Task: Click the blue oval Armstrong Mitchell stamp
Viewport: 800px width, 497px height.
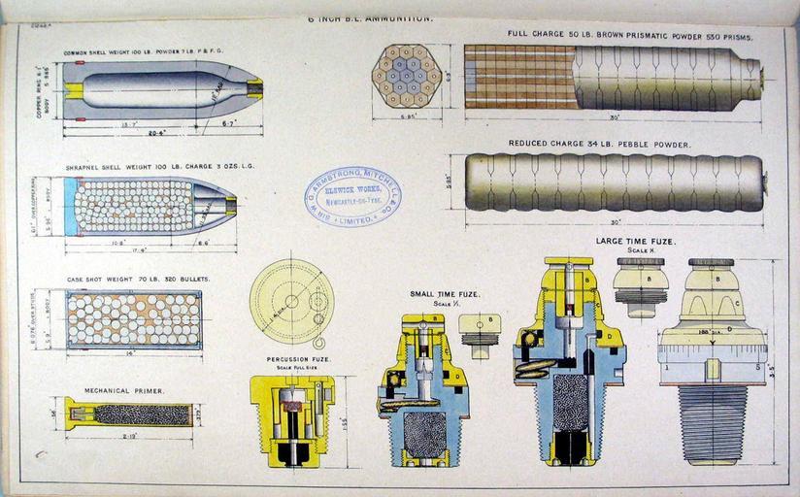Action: pos(352,198)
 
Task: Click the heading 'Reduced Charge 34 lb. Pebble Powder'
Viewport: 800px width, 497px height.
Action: pos(600,144)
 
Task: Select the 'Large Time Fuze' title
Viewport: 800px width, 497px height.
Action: pos(636,240)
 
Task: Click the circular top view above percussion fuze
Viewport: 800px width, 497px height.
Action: pos(291,301)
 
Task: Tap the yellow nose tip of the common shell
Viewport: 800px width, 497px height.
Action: pos(254,89)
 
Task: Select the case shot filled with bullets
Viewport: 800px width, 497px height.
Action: pos(134,318)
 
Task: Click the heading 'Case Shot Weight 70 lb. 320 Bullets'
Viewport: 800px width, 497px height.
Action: pos(138,279)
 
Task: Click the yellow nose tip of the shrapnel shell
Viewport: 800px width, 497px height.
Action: pos(231,205)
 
